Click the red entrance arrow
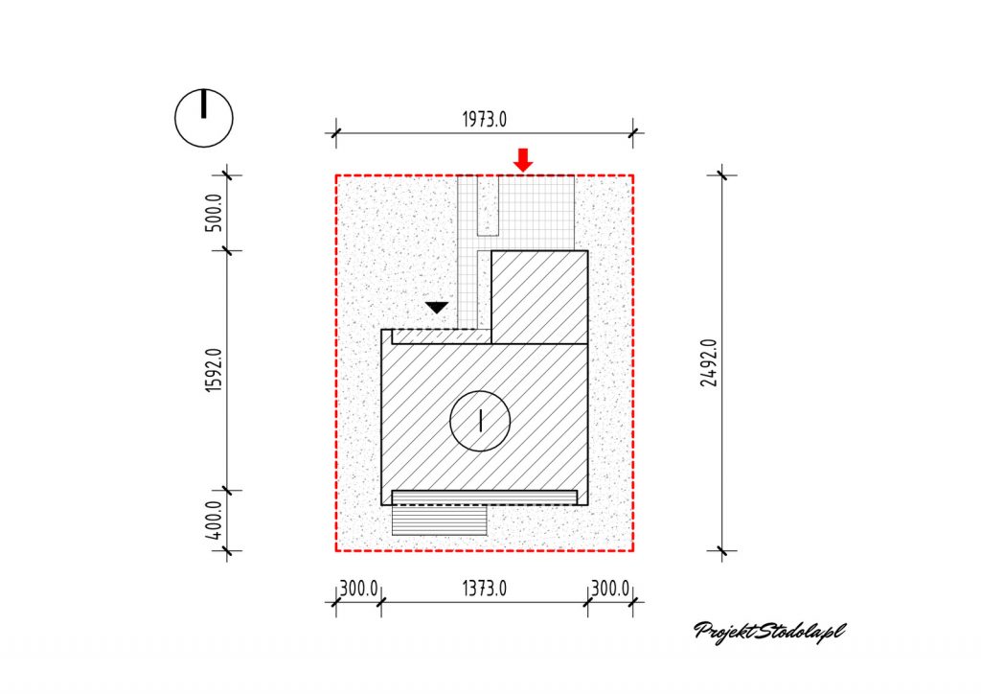click(523, 159)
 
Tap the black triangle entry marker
click(437, 308)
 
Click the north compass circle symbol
click(204, 118)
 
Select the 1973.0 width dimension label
click(484, 119)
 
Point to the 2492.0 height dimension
click(709, 363)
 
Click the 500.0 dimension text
click(214, 213)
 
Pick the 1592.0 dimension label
click(214, 370)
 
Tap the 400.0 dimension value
click(214, 520)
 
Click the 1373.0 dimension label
click(484, 589)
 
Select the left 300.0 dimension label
click(358, 589)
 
